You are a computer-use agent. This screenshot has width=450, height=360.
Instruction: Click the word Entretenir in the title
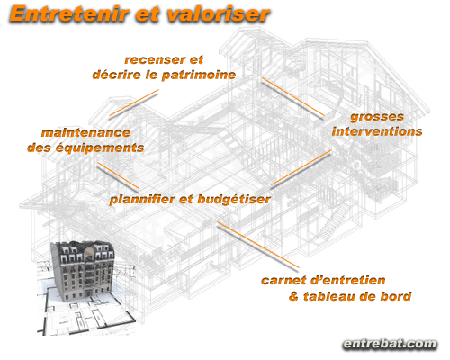(x=69, y=13)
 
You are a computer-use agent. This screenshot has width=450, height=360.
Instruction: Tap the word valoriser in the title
(x=219, y=13)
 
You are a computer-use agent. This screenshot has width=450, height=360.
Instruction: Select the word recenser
(x=155, y=59)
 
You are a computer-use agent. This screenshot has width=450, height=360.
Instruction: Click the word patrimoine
(x=199, y=76)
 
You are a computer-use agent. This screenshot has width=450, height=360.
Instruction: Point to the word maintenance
(x=85, y=132)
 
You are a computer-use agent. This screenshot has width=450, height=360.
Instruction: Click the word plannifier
(x=142, y=200)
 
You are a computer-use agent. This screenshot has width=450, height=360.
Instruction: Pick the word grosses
(x=377, y=117)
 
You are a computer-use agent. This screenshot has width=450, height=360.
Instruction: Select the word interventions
(x=377, y=131)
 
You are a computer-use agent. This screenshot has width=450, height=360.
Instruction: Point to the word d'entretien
(x=348, y=280)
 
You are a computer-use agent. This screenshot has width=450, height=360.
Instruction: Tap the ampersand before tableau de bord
(x=293, y=296)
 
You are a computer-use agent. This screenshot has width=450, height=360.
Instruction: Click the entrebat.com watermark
(x=390, y=344)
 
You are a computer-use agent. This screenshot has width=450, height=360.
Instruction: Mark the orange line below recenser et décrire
(x=134, y=103)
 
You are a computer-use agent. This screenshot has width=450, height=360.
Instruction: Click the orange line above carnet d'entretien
(x=258, y=245)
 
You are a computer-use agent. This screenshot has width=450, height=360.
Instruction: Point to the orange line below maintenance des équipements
(x=118, y=175)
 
